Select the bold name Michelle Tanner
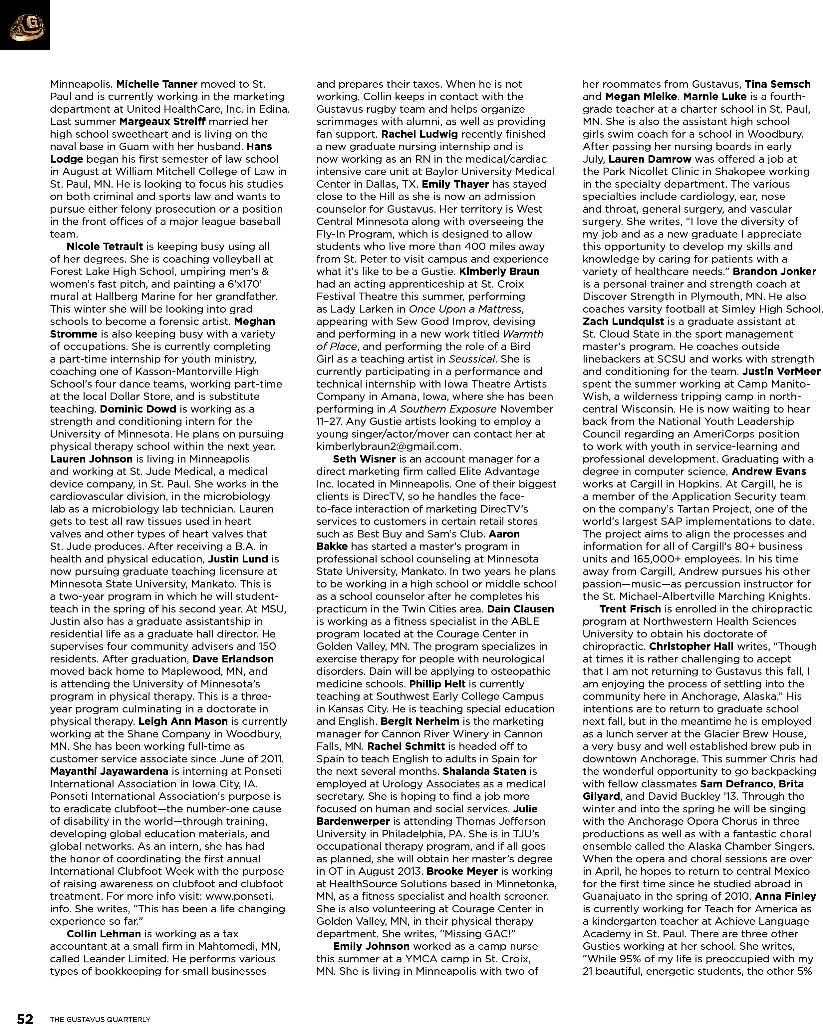156,84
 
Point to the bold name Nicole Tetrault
105,247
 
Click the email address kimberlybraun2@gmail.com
388,447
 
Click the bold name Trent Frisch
630,609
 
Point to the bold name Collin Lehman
104,934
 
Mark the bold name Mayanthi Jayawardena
109,771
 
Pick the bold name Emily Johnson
371,946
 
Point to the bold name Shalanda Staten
484,771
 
